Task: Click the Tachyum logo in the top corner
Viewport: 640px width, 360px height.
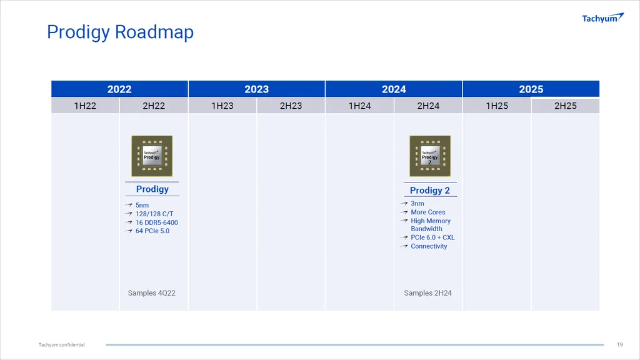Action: point(603,18)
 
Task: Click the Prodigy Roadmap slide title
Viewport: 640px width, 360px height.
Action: point(120,32)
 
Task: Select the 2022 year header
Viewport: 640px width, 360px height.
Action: point(119,89)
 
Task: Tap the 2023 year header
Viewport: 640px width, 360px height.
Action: point(257,89)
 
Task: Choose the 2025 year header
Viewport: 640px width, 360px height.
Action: point(531,89)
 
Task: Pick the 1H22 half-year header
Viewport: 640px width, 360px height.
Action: point(85,106)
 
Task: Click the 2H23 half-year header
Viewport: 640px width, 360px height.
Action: point(291,106)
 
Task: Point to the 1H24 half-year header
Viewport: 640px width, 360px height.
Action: point(359,106)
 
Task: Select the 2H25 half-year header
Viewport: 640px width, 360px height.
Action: point(565,106)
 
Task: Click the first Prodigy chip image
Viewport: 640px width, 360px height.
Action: point(152,156)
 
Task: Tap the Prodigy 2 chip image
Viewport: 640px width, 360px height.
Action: point(430,156)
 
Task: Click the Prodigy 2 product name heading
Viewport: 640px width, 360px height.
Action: point(430,190)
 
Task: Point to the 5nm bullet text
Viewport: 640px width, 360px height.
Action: point(142,205)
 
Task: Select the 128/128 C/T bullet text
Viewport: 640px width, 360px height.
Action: point(154,214)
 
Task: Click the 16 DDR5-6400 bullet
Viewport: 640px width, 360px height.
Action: point(157,222)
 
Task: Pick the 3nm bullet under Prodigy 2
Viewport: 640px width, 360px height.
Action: point(417,203)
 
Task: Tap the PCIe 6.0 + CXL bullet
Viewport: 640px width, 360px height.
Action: point(432,237)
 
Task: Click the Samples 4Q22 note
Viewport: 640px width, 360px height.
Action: point(151,293)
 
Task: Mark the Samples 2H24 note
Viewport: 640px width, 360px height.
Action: point(427,293)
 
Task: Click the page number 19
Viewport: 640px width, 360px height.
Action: point(619,345)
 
